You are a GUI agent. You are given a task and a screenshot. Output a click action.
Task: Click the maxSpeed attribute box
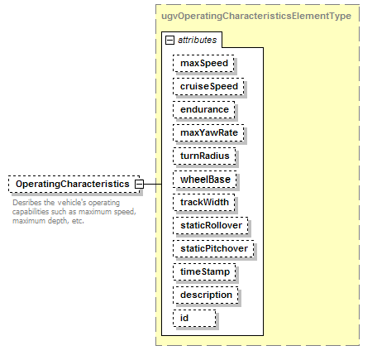click(x=203, y=63)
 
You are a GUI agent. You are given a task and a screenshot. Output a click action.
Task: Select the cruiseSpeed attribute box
click(x=208, y=86)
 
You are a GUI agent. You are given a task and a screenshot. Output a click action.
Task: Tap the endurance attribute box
click(x=204, y=109)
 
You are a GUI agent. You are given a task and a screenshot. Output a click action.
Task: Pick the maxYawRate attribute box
click(x=208, y=132)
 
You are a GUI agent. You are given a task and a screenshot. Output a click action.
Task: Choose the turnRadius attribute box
click(x=204, y=156)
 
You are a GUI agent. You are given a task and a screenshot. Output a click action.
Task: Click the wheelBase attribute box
click(x=205, y=180)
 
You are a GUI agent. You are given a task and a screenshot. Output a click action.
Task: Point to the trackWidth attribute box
click(x=204, y=202)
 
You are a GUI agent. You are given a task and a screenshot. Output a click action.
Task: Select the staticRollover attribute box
click(x=211, y=225)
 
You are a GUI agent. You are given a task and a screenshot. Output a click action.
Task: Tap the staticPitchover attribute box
click(x=213, y=248)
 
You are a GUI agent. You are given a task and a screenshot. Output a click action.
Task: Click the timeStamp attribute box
click(x=204, y=271)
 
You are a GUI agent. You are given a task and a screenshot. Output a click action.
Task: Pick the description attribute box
click(x=206, y=295)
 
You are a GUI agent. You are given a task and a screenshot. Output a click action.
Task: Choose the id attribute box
click(x=194, y=318)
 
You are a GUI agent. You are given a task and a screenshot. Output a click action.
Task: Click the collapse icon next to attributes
click(x=169, y=41)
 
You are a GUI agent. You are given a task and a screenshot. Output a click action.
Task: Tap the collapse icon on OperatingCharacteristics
click(x=140, y=184)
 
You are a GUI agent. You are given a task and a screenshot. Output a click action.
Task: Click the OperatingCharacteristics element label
click(x=73, y=184)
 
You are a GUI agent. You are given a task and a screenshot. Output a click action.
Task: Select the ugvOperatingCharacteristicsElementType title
click(x=256, y=16)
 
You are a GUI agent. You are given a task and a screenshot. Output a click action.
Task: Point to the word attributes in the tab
click(x=198, y=41)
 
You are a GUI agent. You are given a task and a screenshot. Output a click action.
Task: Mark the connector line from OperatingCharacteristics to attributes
click(x=153, y=184)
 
